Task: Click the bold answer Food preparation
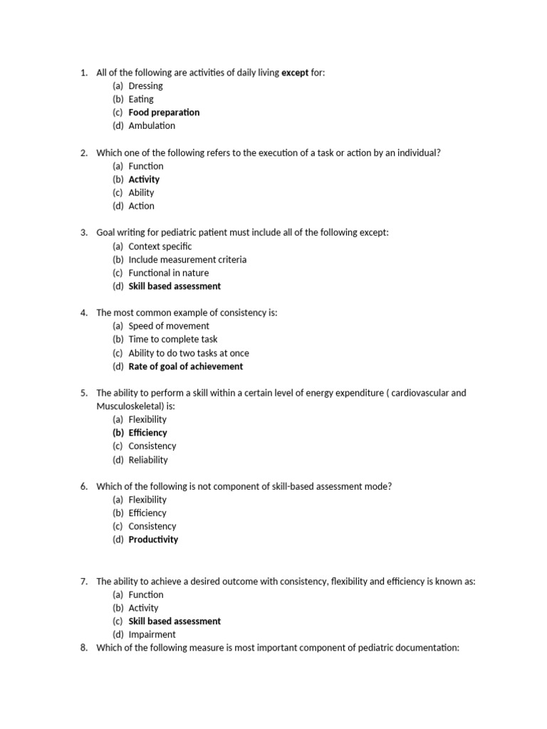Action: tap(164, 112)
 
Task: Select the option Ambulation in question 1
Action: tap(152, 126)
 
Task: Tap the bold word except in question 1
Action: tap(296, 73)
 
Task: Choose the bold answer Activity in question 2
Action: tap(144, 179)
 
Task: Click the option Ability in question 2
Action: tap(141, 193)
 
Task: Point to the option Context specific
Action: tap(160, 246)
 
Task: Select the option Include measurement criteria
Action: tap(187, 260)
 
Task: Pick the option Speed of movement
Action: tap(169, 326)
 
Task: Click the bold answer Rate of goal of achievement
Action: tap(185, 367)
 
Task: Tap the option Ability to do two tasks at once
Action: tap(189, 353)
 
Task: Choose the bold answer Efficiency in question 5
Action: tap(147, 433)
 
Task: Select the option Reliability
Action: tap(148, 460)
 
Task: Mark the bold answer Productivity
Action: tap(153, 540)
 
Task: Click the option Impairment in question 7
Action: tap(152, 634)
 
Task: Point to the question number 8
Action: tap(84, 648)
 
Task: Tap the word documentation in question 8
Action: tap(427, 648)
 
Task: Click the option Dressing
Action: tap(145, 86)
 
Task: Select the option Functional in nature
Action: tap(169, 273)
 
